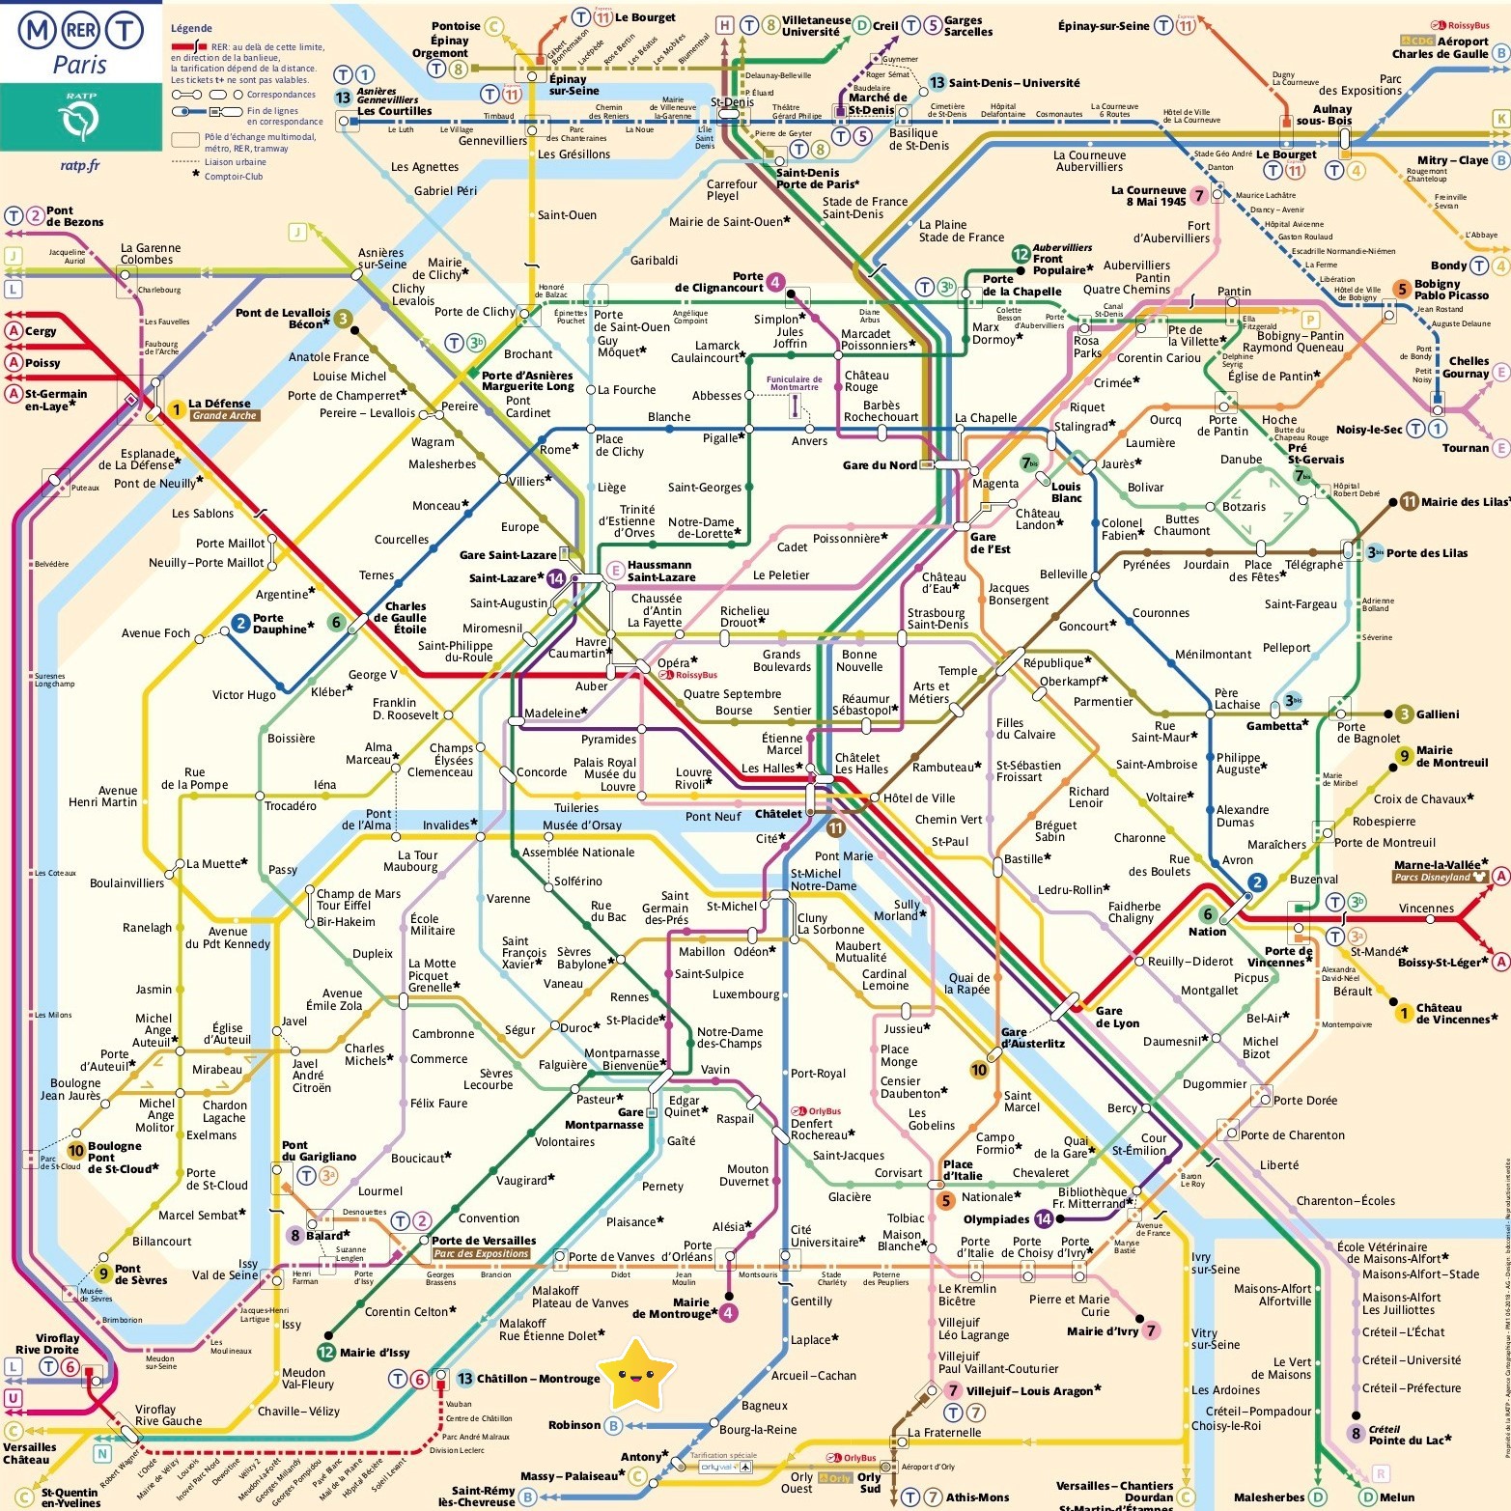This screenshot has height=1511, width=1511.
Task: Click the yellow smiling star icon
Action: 635,1374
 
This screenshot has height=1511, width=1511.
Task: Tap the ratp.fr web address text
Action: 80,165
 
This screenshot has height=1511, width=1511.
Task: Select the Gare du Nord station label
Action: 880,465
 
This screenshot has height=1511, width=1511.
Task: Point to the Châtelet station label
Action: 778,814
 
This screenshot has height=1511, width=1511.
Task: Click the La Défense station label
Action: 219,404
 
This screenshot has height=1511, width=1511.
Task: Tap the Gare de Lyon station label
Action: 1117,1017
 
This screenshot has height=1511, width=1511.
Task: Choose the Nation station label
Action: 1207,932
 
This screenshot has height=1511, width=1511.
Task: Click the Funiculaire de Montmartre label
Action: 795,383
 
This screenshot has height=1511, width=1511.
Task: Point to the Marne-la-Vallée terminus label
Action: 1440,865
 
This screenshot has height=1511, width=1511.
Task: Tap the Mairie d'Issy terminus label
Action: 376,1353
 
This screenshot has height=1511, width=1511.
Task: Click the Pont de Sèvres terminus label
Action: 141,1274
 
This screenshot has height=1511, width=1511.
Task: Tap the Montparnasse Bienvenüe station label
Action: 622,1059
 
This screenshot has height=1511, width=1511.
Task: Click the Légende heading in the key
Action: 191,28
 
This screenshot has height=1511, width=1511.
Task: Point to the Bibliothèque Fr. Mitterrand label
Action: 1091,1198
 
